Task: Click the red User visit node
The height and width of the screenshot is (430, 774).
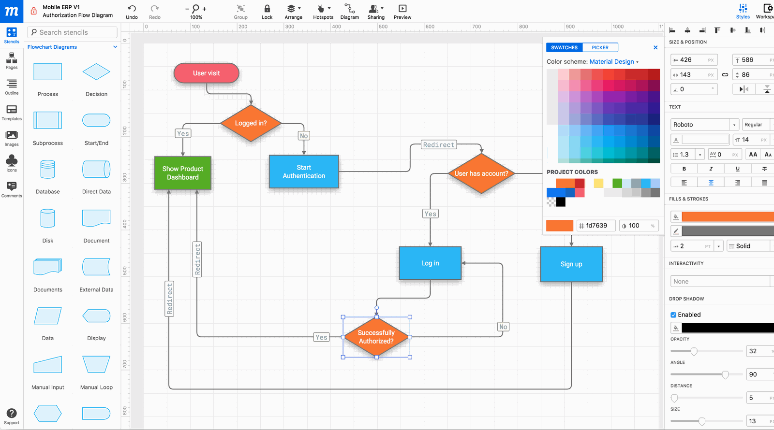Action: pos(207,73)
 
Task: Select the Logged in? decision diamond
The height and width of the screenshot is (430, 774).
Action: pos(251,123)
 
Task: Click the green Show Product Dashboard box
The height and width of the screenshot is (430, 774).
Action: pos(183,173)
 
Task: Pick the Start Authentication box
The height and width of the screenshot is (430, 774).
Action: pos(304,172)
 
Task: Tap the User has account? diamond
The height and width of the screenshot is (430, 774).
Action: pos(481,173)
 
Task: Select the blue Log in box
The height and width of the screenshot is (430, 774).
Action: pos(430,263)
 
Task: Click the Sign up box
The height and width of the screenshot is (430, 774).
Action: pos(571,264)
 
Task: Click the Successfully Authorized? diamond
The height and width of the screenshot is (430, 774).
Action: pos(376,337)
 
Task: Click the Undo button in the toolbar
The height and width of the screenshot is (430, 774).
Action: pos(132,12)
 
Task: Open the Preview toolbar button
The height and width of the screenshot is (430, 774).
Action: pos(402,12)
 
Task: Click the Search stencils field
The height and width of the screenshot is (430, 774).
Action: pos(73,32)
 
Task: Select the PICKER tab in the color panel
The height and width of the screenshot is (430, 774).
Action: pos(600,47)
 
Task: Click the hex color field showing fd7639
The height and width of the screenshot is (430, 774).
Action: pos(596,226)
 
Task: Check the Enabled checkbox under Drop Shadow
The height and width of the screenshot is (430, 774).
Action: pos(673,315)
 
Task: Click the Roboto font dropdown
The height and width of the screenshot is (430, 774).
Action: pos(704,125)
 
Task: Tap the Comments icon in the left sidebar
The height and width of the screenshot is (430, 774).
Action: pos(12,188)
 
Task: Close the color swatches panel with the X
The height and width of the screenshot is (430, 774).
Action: pos(655,47)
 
